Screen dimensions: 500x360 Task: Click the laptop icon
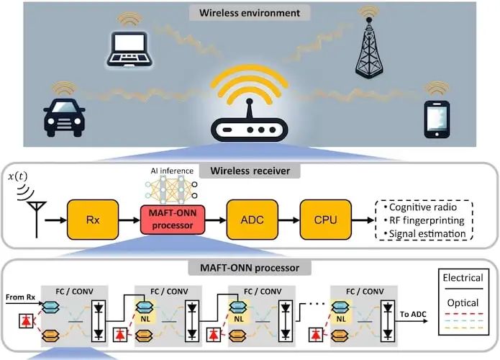(x=129, y=49)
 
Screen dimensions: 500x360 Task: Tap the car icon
(x=64, y=118)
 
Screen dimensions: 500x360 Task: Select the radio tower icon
(x=369, y=48)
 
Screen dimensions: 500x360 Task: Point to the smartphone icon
(x=437, y=120)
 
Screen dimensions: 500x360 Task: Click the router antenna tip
(x=250, y=102)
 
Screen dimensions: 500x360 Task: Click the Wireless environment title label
(x=250, y=13)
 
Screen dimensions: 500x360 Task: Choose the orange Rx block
(x=93, y=220)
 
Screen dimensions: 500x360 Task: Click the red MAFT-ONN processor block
(x=173, y=220)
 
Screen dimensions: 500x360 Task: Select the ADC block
(x=253, y=220)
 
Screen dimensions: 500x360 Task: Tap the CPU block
(x=326, y=220)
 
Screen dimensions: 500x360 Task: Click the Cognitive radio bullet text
(x=421, y=207)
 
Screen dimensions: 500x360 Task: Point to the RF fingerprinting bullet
(x=424, y=220)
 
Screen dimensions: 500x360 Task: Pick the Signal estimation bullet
(x=425, y=233)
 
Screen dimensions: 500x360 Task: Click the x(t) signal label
(x=17, y=176)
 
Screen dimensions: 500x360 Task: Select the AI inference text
(x=172, y=171)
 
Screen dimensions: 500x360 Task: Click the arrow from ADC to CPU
(x=289, y=220)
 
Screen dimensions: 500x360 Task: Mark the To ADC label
(x=413, y=314)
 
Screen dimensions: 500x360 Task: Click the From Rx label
(x=20, y=297)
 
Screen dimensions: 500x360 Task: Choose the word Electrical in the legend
(x=463, y=278)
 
